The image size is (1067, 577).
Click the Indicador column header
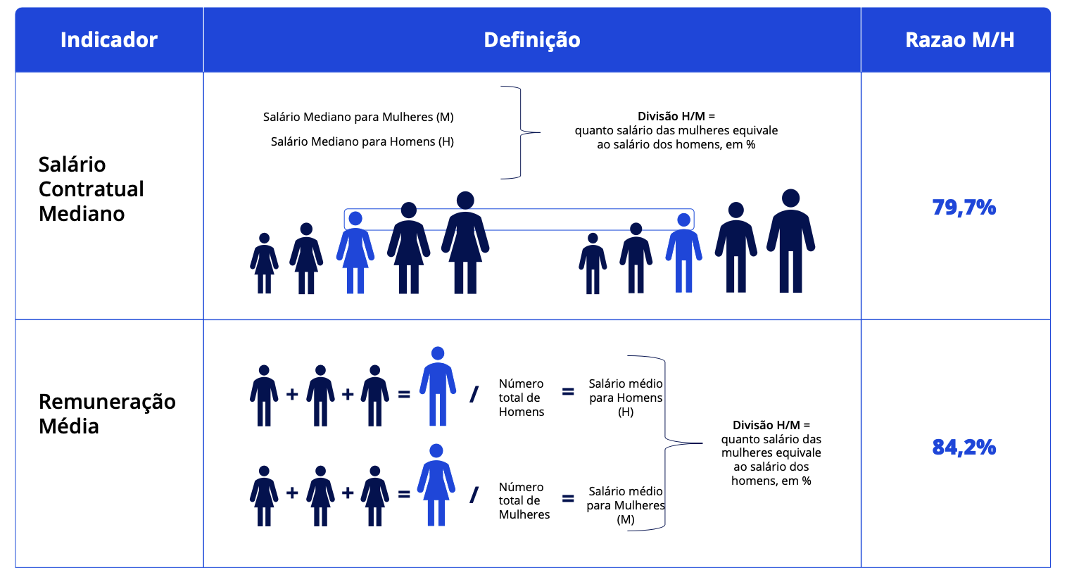tap(108, 40)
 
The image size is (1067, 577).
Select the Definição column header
tap(532, 40)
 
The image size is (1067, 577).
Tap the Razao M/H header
tap(959, 40)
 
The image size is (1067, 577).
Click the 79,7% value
tap(964, 208)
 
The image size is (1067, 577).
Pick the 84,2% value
tap(964, 447)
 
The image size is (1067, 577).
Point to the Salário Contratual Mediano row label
tap(91, 189)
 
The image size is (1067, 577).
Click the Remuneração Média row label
tap(107, 413)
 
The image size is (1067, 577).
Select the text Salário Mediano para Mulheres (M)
tap(358, 117)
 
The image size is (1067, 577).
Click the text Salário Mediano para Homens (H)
tap(362, 142)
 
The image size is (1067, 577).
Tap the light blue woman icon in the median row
tap(355, 253)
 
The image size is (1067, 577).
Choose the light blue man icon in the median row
tap(683, 253)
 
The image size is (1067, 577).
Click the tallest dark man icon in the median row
tap(790, 241)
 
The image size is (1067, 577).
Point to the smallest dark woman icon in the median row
tap(265, 263)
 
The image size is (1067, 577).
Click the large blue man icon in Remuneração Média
tap(438, 386)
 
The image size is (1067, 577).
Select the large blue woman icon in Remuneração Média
tap(436, 485)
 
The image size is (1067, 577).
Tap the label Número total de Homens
tap(521, 398)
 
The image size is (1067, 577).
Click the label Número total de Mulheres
tap(524, 501)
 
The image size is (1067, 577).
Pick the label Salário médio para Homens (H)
tap(626, 398)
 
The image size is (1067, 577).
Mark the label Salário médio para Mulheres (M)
tap(626, 505)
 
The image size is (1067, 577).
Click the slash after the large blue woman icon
tap(474, 495)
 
